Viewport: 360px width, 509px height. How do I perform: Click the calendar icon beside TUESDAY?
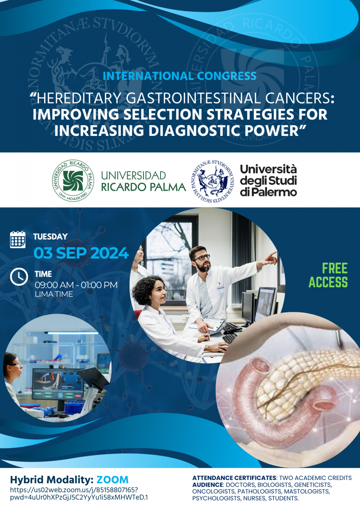(18, 239)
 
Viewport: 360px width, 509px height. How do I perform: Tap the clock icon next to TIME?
(19, 276)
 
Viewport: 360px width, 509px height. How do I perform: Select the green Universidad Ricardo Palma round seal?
(73, 181)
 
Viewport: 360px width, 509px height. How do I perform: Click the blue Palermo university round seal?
(212, 181)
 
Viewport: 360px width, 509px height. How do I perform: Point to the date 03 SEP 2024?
(81, 253)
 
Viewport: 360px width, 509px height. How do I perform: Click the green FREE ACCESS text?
(328, 275)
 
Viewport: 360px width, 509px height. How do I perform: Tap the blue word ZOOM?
(112, 480)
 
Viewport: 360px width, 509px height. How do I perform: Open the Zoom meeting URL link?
(79, 493)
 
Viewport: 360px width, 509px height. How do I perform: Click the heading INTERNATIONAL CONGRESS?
(180, 76)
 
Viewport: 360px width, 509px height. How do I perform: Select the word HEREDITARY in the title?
(79, 98)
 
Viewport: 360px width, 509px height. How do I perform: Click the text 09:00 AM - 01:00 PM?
(76, 285)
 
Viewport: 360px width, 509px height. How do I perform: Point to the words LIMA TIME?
(54, 294)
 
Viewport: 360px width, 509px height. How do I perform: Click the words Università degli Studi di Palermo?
(269, 181)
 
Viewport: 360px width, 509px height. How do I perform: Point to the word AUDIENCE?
(207, 485)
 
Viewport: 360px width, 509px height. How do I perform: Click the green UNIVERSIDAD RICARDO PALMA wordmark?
(144, 181)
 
